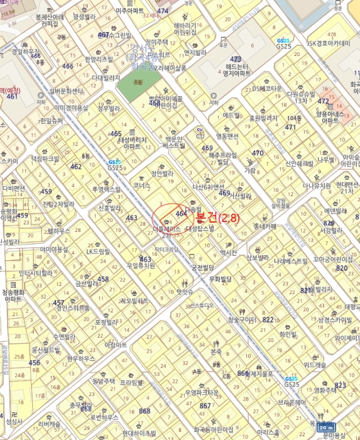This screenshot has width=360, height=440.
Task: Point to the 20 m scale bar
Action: click(x=340, y=426)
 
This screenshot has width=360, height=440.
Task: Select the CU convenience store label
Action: click(x=200, y=130)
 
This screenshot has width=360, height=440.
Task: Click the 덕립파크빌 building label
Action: click(x=45, y=159)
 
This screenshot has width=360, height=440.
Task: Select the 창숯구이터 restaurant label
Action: click(x=241, y=320)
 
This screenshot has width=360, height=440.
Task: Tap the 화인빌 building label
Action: click(x=287, y=334)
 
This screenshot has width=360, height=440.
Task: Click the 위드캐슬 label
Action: click(x=315, y=365)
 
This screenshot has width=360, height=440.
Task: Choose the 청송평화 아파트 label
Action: click(x=13, y=296)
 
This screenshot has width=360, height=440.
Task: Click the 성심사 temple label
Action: click(x=13, y=422)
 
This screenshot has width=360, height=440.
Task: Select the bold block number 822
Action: click(x=268, y=320)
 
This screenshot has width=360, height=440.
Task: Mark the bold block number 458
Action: click(x=104, y=279)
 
